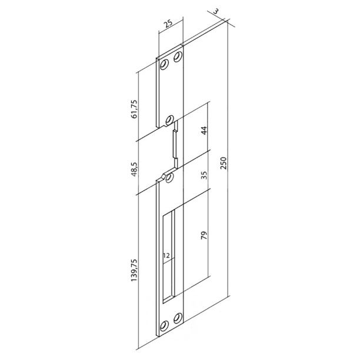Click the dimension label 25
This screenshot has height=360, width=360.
click(169, 24)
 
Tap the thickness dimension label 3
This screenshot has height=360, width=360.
click(216, 11)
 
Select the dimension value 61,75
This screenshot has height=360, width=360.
click(134, 109)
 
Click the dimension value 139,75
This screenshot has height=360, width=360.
click(134, 270)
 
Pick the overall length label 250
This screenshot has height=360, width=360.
click(224, 164)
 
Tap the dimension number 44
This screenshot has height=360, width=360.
click(204, 130)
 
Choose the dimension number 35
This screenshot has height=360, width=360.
click(204, 175)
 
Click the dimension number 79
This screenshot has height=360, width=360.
click(204, 235)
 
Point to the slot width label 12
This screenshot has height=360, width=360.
click(166, 255)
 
